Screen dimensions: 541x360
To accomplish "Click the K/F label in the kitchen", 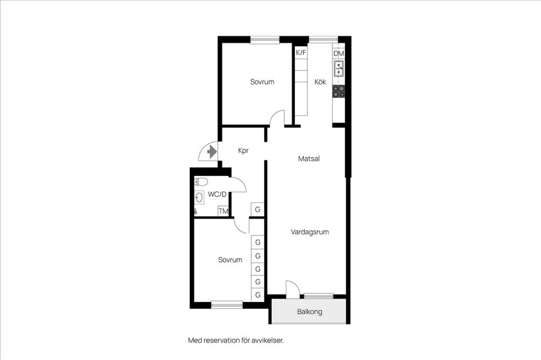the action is (x=301, y=53).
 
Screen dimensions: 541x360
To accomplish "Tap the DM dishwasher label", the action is (x=339, y=54).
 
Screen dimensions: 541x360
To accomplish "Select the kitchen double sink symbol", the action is (x=339, y=68).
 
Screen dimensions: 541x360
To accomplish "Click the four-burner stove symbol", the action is (x=339, y=91).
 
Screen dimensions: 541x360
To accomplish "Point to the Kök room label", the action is (x=320, y=82).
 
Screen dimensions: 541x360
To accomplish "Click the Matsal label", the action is (x=309, y=159).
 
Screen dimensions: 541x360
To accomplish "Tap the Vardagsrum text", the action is (x=309, y=232).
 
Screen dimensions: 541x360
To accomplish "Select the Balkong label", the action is (x=309, y=312).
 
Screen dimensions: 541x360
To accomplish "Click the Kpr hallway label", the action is (x=243, y=150).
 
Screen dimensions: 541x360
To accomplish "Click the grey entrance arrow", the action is (x=211, y=152).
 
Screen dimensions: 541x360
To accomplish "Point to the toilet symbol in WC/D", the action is (x=201, y=182).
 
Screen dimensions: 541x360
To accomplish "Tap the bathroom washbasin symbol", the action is (x=199, y=198).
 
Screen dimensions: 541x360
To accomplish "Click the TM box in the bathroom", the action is (x=223, y=211).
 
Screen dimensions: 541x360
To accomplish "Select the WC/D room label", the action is (x=217, y=194).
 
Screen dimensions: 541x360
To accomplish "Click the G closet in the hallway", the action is (x=258, y=210).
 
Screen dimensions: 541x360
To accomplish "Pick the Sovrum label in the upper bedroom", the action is (x=262, y=82).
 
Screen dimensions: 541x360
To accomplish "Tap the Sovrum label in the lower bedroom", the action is (x=230, y=260).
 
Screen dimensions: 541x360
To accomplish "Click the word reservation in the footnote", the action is (x=221, y=340).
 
